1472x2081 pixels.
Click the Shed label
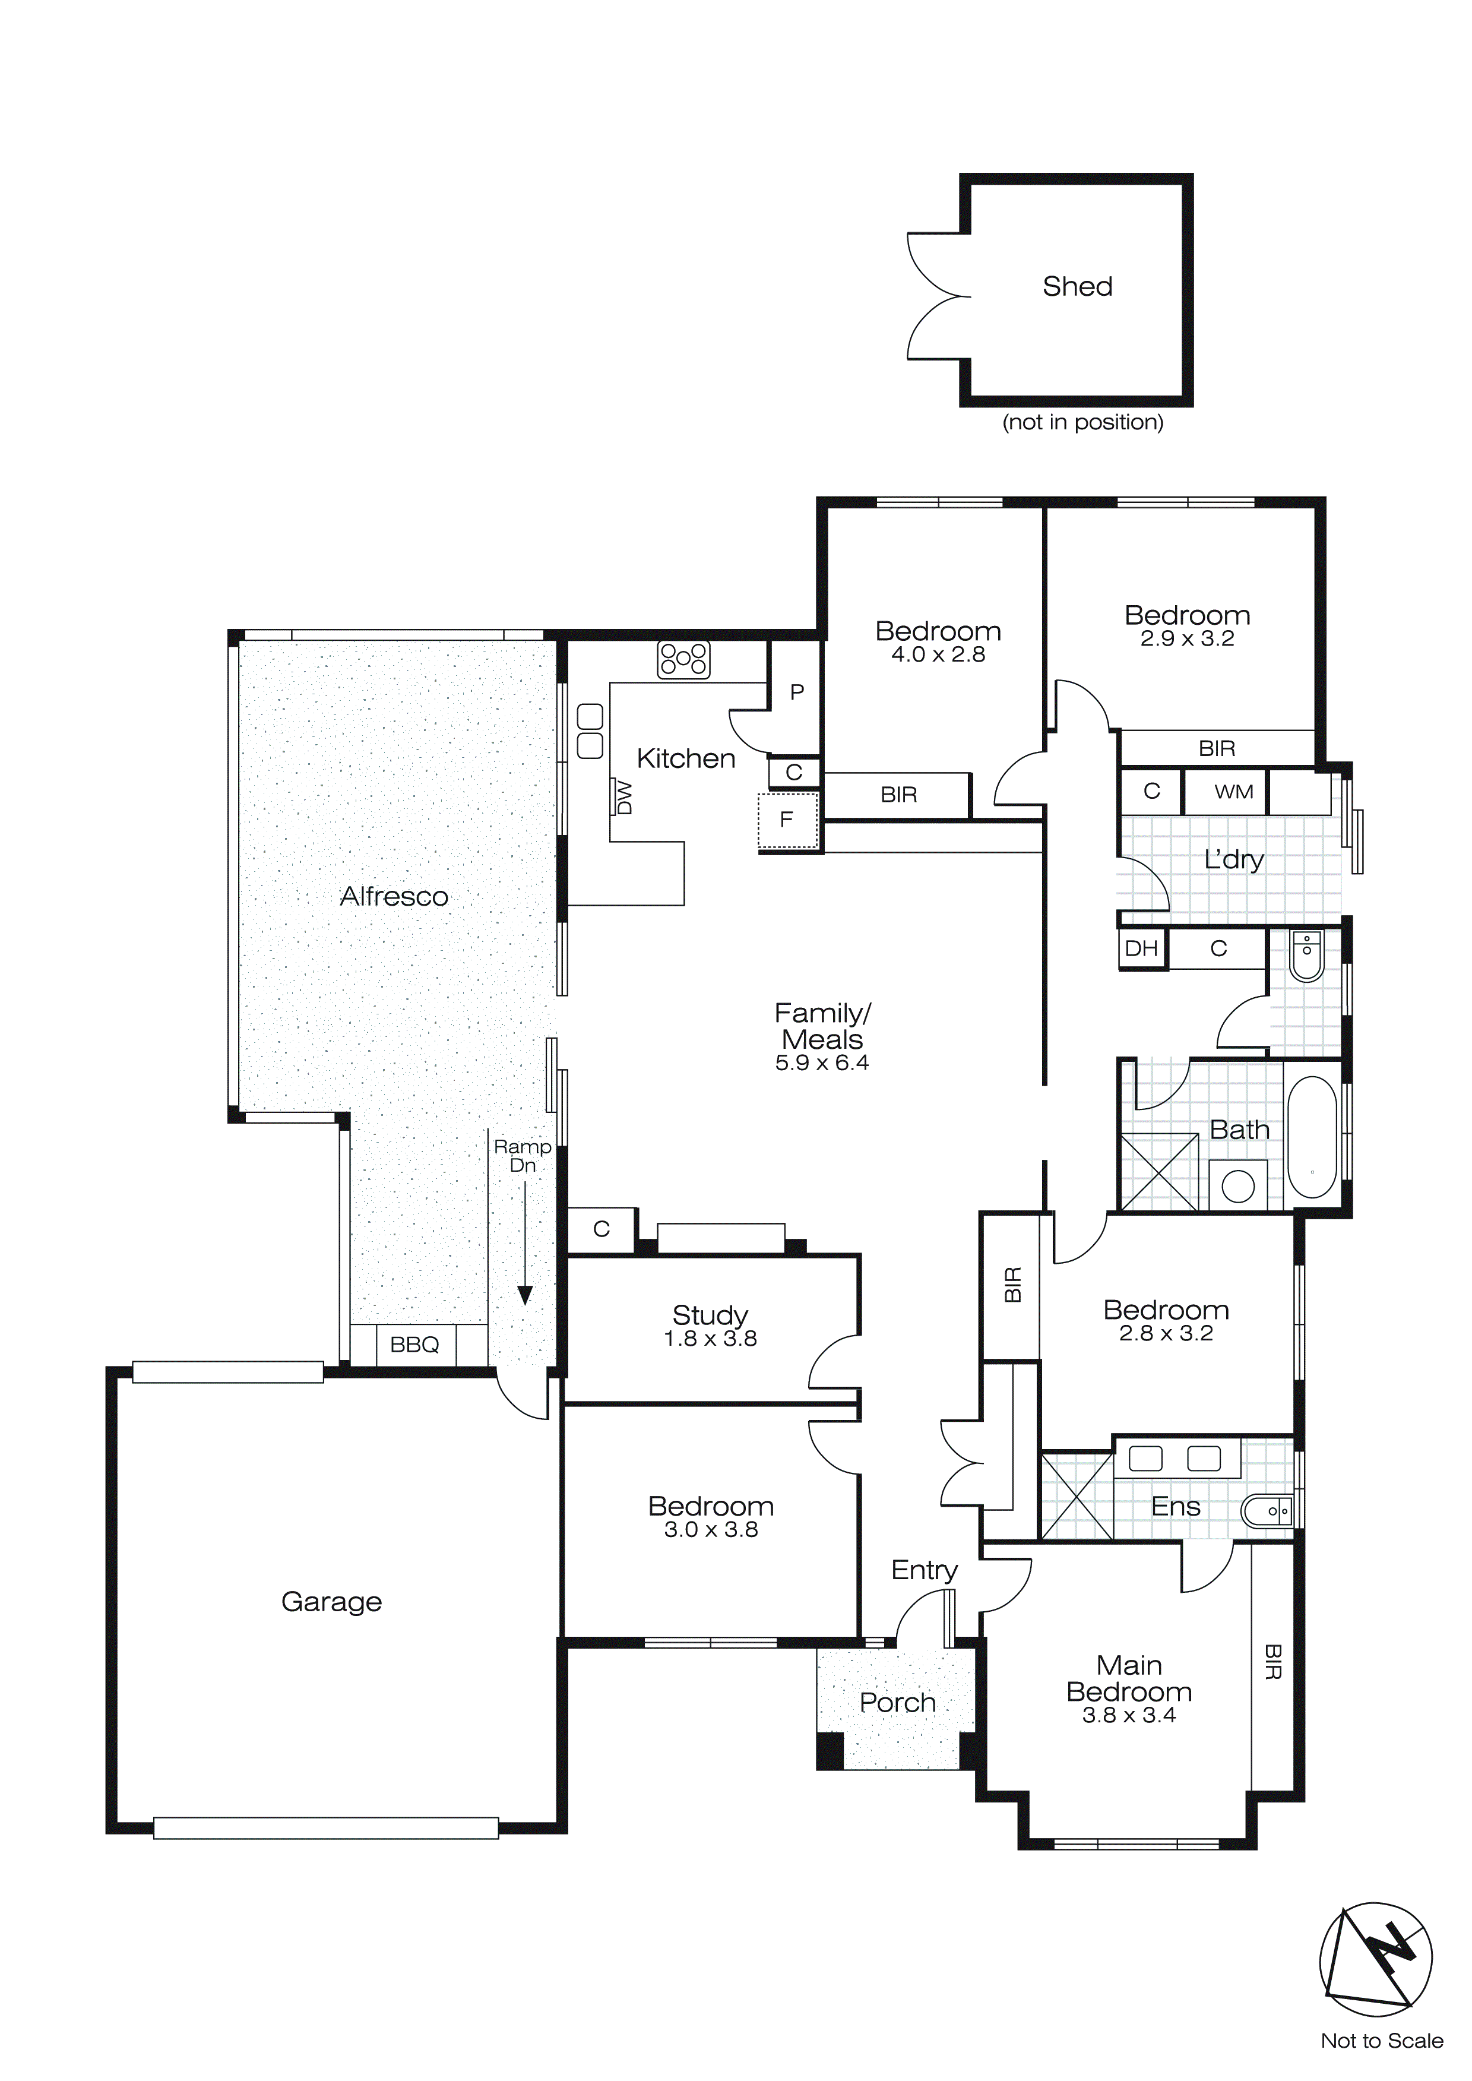pyautogui.click(x=1077, y=286)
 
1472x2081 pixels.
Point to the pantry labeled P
pyautogui.click(x=797, y=692)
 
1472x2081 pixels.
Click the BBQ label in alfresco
pyautogui.click(x=414, y=1345)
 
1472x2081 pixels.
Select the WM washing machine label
pyautogui.click(x=1234, y=792)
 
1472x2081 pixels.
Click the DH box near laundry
pyautogui.click(x=1141, y=949)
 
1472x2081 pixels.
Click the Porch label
pyautogui.click(x=897, y=1703)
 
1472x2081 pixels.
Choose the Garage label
pyautogui.click(x=332, y=1602)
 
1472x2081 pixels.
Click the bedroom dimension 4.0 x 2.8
pyautogui.click(x=938, y=654)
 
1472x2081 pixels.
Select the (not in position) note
pyautogui.click(x=1082, y=422)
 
